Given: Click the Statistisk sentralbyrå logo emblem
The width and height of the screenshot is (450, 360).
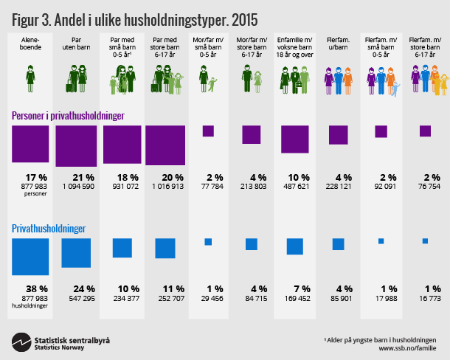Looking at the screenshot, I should (21, 341).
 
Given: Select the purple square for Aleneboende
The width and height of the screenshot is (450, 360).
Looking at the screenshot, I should (30, 144).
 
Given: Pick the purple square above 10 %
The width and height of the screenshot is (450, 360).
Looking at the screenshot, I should (294, 139).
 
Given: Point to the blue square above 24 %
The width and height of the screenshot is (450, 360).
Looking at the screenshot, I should (75, 252).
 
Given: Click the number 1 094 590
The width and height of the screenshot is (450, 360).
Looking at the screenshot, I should (75, 187).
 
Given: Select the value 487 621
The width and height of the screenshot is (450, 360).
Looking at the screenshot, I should (294, 187).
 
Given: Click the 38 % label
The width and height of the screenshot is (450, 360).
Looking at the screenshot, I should (30, 288).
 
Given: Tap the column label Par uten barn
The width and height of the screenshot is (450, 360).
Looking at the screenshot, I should (75, 44).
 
